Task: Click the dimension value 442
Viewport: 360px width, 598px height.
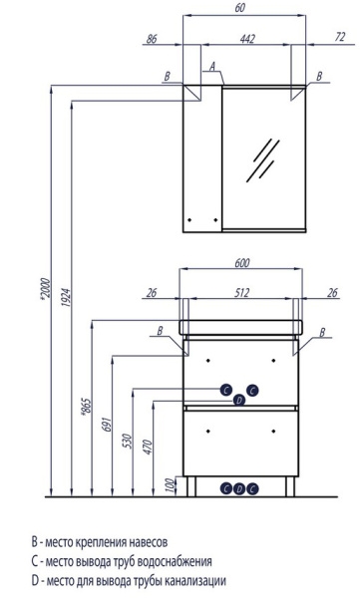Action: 247,39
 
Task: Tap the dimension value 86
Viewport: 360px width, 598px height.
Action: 152,39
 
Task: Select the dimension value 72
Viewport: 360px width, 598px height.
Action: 340,37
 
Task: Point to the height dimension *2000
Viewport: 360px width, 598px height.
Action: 45,289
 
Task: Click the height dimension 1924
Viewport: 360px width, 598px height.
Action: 66,298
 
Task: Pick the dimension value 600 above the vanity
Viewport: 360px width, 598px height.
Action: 242,263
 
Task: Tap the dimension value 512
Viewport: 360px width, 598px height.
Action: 242,292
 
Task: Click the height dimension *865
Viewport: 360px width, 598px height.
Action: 87,408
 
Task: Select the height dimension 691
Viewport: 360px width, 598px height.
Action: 107,425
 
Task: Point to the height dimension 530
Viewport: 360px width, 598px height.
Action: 128,442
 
